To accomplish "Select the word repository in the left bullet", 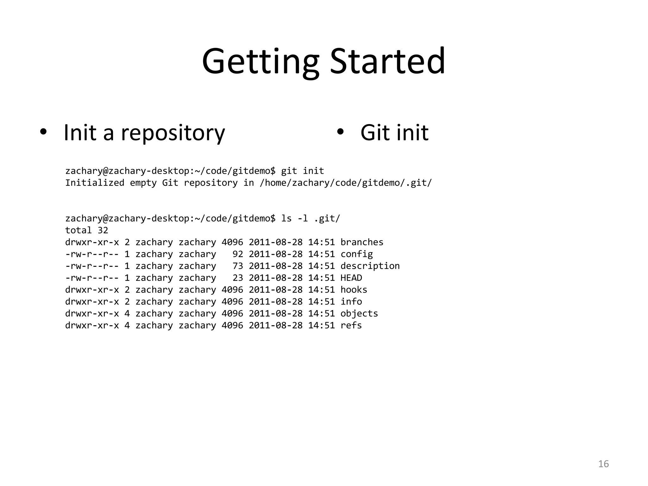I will pyautogui.click(x=173, y=133).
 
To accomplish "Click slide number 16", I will pyautogui.click(x=603, y=464).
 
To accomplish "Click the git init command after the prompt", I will pyautogui.click(x=302, y=171).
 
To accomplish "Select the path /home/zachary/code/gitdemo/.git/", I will pyautogui.click(x=346, y=183).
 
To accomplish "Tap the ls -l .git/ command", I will pyautogui.click(x=310, y=218).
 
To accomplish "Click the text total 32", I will pyautogui.click(x=86, y=230).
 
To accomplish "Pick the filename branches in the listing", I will pyautogui.click(x=362, y=242).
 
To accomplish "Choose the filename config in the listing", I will pyautogui.click(x=357, y=254).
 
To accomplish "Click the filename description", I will pyautogui.click(x=370, y=266).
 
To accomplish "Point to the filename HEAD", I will pyautogui.click(x=351, y=278).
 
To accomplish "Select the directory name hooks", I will pyautogui.click(x=354, y=290).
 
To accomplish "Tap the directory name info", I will pyautogui.click(x=351, y=302).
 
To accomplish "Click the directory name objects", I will pyautogui.click(x=359, y=313).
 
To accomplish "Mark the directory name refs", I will pyautogui.click(x=351, y=325).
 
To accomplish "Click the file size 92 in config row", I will pyautogui.click(x=238, y=254).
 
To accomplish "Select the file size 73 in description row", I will pyautogui.click(x=238, y=266).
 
